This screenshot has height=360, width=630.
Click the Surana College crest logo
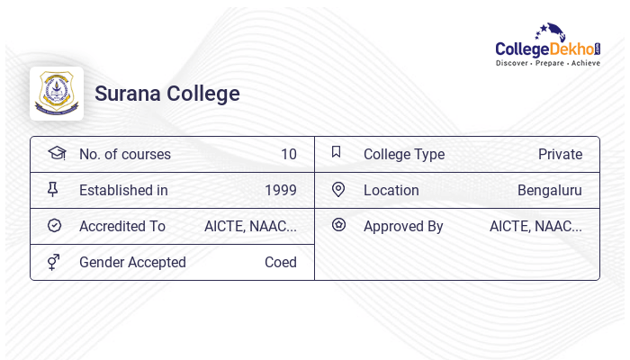[57, 94]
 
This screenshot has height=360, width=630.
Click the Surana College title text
[167, 94]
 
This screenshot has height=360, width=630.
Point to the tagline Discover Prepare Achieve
[547, 64]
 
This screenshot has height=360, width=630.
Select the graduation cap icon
[56, 153]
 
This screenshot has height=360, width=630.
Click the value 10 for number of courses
[288, 154]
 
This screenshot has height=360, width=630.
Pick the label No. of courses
[124, 154]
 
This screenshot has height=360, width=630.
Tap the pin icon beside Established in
[53, 189]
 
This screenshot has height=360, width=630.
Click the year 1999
[280, 190]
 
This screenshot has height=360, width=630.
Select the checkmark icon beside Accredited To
[54, 225]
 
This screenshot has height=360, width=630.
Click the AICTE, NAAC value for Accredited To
[250, 226]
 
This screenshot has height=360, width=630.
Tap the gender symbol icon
[54, 262]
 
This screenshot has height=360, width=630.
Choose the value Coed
[280, 262]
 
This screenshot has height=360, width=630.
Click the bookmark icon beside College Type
[337, 152]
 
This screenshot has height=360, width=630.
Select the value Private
[560, 154]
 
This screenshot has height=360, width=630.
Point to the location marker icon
[338, 189]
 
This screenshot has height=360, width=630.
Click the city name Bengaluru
[549, 190]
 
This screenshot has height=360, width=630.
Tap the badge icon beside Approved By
[338, 225]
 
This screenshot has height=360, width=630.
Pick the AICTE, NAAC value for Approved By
[535, 226]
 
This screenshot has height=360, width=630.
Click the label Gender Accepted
[132, 262]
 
